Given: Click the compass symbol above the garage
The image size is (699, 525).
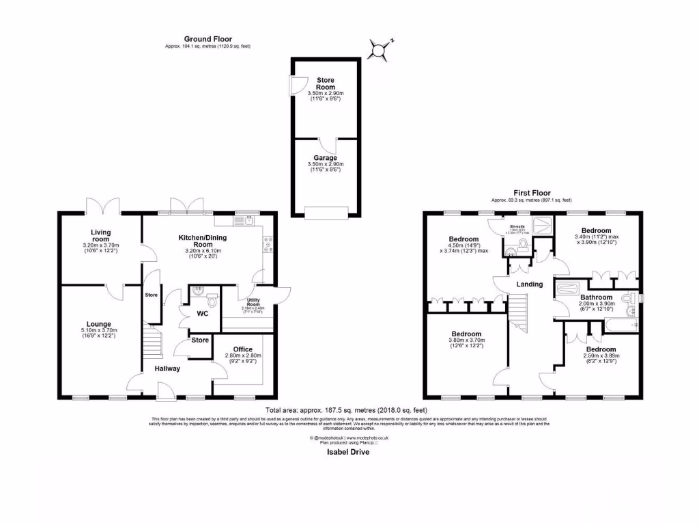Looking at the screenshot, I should tap(380, 49).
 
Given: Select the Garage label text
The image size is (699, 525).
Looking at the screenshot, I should tap(325, 158).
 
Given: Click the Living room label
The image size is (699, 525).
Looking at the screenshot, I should tap(101, 235).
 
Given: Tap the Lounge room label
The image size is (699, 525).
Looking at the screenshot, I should tap(98, 324).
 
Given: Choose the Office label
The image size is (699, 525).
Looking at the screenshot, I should tap(243, 349).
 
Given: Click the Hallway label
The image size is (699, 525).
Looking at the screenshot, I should tap(167, 368).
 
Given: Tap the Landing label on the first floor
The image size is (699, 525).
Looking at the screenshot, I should tap(530, 284).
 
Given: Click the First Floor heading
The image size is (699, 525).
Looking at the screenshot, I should tap(532, 193).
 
